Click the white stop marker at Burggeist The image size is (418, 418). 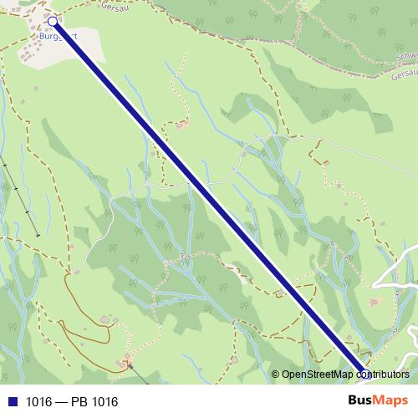[x=53, y=21]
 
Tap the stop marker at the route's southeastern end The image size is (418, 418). [x=364, y=375]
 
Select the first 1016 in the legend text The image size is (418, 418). [x=38, y=402]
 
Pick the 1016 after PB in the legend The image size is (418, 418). [x=103, y=402]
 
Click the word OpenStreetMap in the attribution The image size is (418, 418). [x=319, y=375]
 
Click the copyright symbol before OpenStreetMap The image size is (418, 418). [x=276, y=375]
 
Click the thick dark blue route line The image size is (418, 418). [x=209, y=198]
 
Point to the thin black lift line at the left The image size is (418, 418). [x=21, y=196]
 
